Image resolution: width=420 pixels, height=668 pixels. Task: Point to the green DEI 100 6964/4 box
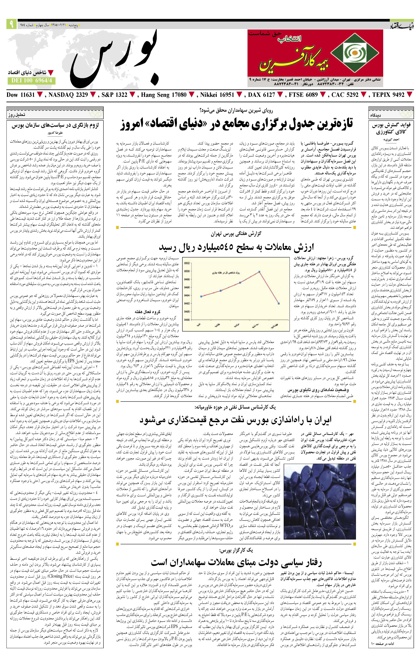32,81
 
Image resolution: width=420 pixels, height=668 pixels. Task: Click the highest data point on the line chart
259,272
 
